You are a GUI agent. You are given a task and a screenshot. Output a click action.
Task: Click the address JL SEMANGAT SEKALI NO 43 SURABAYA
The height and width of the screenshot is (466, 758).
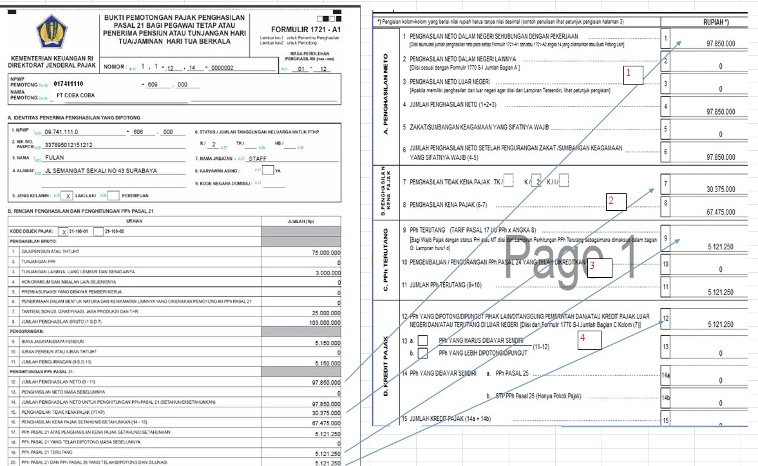[x=101, y=171]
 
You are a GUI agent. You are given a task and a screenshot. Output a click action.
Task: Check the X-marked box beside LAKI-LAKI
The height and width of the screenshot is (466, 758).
[x=69, y=195]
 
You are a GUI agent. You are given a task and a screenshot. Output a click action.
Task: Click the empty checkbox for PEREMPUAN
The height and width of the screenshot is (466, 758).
[x=113, y=195]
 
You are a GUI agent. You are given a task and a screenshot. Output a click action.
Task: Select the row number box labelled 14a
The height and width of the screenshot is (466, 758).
[x=666, y=374]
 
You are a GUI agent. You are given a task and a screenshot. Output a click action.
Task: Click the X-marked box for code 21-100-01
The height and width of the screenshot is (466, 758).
[x=63, y=230]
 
